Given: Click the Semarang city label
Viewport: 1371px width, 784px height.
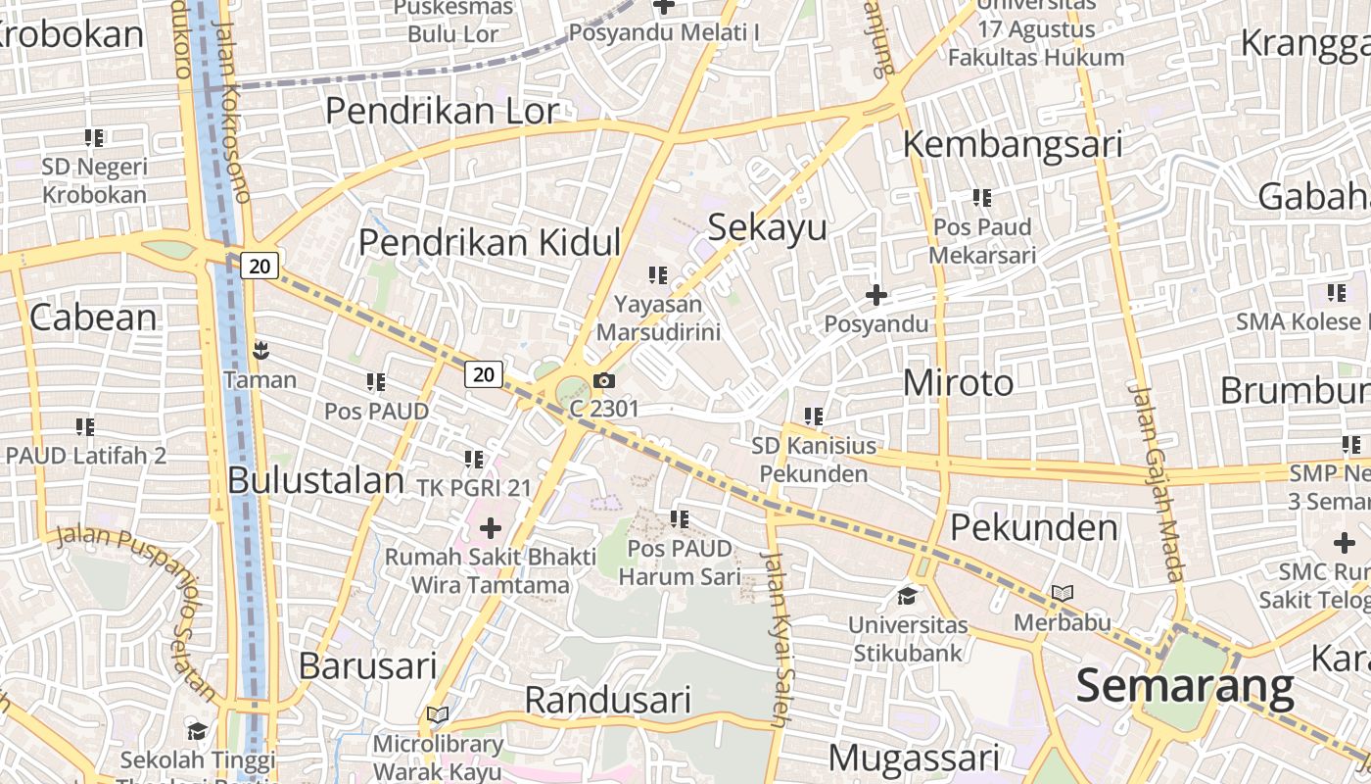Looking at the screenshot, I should (x=1185, y=686).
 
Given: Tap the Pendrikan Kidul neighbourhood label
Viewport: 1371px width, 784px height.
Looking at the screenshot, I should (x=490, y=241).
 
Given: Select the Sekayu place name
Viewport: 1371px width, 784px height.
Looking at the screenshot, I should (x=767, y=226).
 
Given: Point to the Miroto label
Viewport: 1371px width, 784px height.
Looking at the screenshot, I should (x=958, y=382).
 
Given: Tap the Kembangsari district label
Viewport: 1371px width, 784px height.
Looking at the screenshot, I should (x=1012, y=144).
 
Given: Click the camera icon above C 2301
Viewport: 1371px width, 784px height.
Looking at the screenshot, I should (x=604, y=380).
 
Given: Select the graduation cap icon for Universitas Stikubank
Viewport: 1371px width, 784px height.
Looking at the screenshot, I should (x=908, y=596).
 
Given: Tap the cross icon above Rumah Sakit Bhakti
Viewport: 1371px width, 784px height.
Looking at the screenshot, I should (x=490, y=529).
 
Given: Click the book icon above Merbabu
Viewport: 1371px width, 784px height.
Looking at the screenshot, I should (x=1062, y=593).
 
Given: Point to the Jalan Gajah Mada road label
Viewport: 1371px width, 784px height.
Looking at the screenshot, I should (x=1157, y=482).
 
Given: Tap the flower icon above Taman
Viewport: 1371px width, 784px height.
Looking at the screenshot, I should (x=260, y=350).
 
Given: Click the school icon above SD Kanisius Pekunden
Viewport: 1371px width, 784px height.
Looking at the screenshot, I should (x=813, y=416).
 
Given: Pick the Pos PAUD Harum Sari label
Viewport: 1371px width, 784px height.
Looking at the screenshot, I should (x=680, y=562).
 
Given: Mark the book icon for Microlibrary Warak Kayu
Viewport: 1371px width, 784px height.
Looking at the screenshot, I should (x=438, y=714).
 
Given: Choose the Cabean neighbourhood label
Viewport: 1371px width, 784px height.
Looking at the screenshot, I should (x=93, y=317).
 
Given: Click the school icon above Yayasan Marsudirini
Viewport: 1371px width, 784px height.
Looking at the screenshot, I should (x=658, y=275).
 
